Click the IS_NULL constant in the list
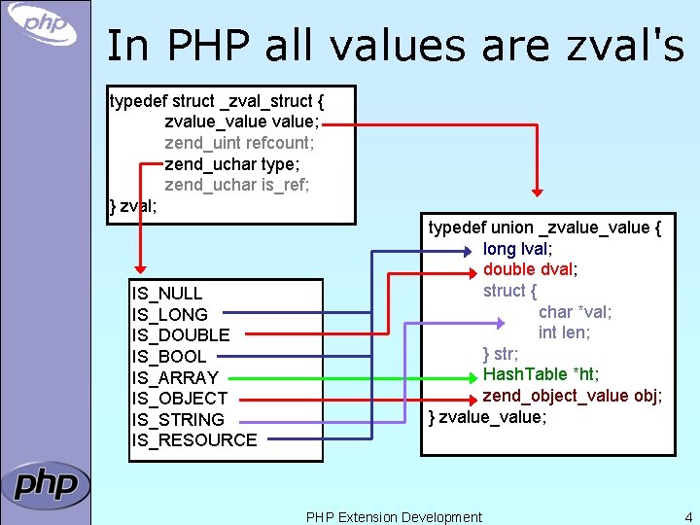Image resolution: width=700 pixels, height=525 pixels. click(167, 294)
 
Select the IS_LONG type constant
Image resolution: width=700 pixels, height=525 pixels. click(169, 315)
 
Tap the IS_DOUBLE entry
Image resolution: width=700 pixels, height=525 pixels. click(181, 335)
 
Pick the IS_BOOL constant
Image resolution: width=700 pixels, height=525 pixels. click(169, 357)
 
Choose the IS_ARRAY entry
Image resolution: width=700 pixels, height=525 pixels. click(175, 377)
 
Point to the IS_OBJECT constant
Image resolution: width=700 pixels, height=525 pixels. click(180, 399)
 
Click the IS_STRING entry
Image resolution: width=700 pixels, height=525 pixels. click(178, 420)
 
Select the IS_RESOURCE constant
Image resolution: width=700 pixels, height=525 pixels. click(194, 440)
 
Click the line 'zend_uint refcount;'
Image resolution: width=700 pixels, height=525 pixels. click(239, 143)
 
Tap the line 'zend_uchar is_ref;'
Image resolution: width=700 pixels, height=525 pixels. click(237, 185)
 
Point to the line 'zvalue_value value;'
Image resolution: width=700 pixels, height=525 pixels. click(242, 122)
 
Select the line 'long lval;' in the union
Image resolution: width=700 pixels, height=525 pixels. click(518, 249)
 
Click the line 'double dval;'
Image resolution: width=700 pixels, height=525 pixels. click(531, 269)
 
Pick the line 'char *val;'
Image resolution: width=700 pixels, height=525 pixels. click(576, 312)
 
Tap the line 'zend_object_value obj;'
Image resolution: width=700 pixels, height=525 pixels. click(573, 396)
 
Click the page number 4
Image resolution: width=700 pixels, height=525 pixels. click(688, 517)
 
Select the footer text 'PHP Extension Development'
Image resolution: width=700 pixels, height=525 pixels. click(394, 517)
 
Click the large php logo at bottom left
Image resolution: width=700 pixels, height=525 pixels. click(46, 484)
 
